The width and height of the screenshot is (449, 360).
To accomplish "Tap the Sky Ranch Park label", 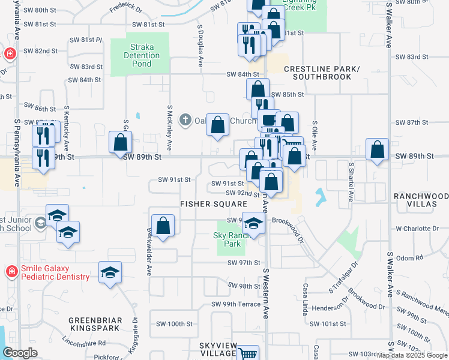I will [x=228, y=240].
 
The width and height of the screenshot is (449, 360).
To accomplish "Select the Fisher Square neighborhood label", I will [x=205, y=204].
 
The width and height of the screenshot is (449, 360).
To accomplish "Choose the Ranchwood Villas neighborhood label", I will [x=421, y=200].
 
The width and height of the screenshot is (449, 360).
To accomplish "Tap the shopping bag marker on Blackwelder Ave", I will [x=163, y=226].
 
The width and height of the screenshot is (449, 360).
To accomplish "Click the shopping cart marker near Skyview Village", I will [x=247, y=354].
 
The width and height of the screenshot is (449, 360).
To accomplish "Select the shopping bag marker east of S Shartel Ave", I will [x=377, y=149].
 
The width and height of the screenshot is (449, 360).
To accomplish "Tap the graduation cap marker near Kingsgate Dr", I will [x=109, y=272].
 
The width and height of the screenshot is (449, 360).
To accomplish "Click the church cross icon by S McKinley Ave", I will [x=185, y=120].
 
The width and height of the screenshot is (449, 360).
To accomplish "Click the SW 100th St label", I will [x=172, y=324].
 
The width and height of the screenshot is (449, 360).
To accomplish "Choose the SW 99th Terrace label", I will [x=236, y=304].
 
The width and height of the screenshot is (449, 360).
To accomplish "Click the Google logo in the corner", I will [x=21, y=353].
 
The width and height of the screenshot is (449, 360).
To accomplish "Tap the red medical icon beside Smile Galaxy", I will [x=11, y=272].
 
